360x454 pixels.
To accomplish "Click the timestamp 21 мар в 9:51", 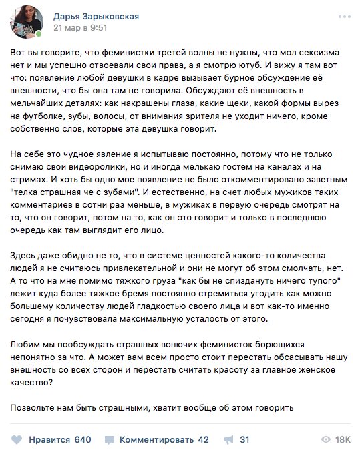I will [79, 29].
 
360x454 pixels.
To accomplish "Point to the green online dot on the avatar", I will [39, 33].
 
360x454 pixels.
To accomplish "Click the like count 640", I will [82, 439].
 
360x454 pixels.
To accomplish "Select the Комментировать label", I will [154, 439].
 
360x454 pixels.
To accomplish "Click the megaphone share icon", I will [228, 439].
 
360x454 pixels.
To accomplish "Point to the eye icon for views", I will [326, 439].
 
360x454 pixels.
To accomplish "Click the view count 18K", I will [343, 439].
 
